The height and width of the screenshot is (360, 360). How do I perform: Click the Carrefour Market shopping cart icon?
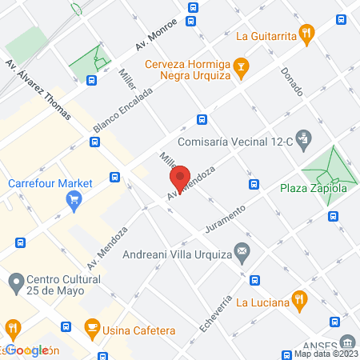[x=74, y=199]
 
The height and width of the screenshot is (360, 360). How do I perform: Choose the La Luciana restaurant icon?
[x=300, y=301]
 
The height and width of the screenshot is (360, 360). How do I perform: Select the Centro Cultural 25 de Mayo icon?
[x=15, y=282]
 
